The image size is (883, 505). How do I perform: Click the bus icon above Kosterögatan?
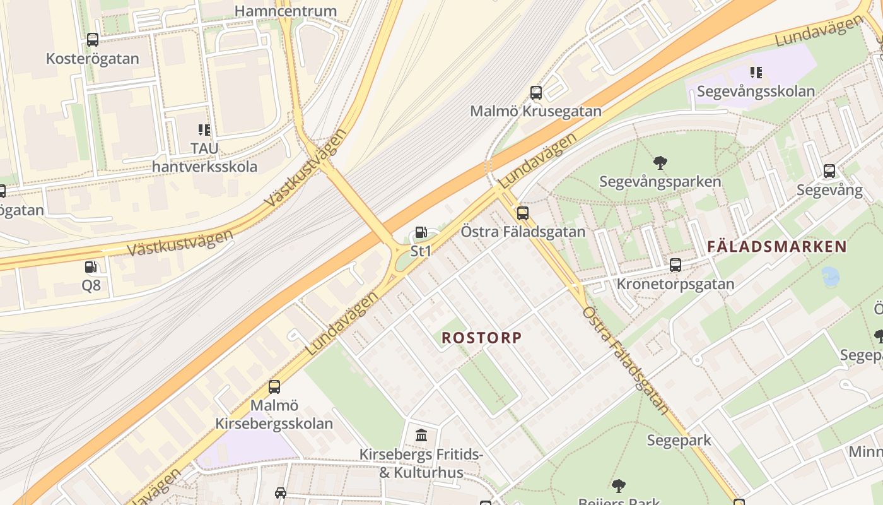(93, 40)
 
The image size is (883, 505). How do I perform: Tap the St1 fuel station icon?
(421, 233)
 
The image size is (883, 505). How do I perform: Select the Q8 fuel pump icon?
(91, 267)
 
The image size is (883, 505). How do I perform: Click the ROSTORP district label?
(482, 338)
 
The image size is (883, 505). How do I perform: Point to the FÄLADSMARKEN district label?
(777, 247)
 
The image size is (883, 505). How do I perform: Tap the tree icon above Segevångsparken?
(660, 163)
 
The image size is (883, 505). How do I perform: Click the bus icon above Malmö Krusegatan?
(536, 93)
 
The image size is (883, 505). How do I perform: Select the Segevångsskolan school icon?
(755, 73)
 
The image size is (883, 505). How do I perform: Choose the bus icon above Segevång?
(829, 171)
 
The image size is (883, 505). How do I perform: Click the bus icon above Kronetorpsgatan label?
(675, 265)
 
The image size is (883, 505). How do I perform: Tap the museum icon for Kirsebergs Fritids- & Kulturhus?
(421, 435)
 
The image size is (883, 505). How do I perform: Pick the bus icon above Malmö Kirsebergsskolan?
(274, 386)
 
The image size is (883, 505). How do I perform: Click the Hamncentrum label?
(286, 11)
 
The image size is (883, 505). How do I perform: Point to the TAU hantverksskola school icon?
(204, 130)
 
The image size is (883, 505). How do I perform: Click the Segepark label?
(679, 440)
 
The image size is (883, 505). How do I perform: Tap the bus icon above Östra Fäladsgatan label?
(523, 213)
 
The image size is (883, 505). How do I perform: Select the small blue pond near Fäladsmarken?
(831, 277)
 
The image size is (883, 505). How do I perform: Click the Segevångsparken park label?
(660, 182)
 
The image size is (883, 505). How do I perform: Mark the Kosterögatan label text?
(93, 59)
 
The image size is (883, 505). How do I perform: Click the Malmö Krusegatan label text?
(536, 112)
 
